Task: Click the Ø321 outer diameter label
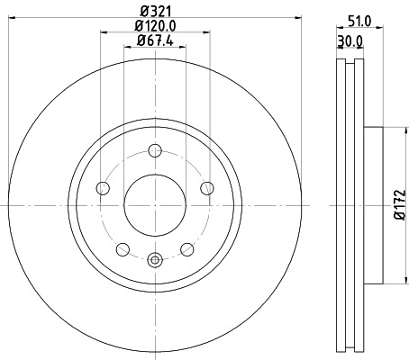[x=155, y=12]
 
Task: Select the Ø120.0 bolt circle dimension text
[x=155, y=26]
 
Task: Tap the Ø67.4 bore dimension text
[x=155, y=40]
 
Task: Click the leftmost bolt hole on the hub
[x=103, y=188]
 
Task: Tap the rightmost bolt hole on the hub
[x=207, y=188]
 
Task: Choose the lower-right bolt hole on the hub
[x=186, y=249]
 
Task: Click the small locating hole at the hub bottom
[x=155, y=262]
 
